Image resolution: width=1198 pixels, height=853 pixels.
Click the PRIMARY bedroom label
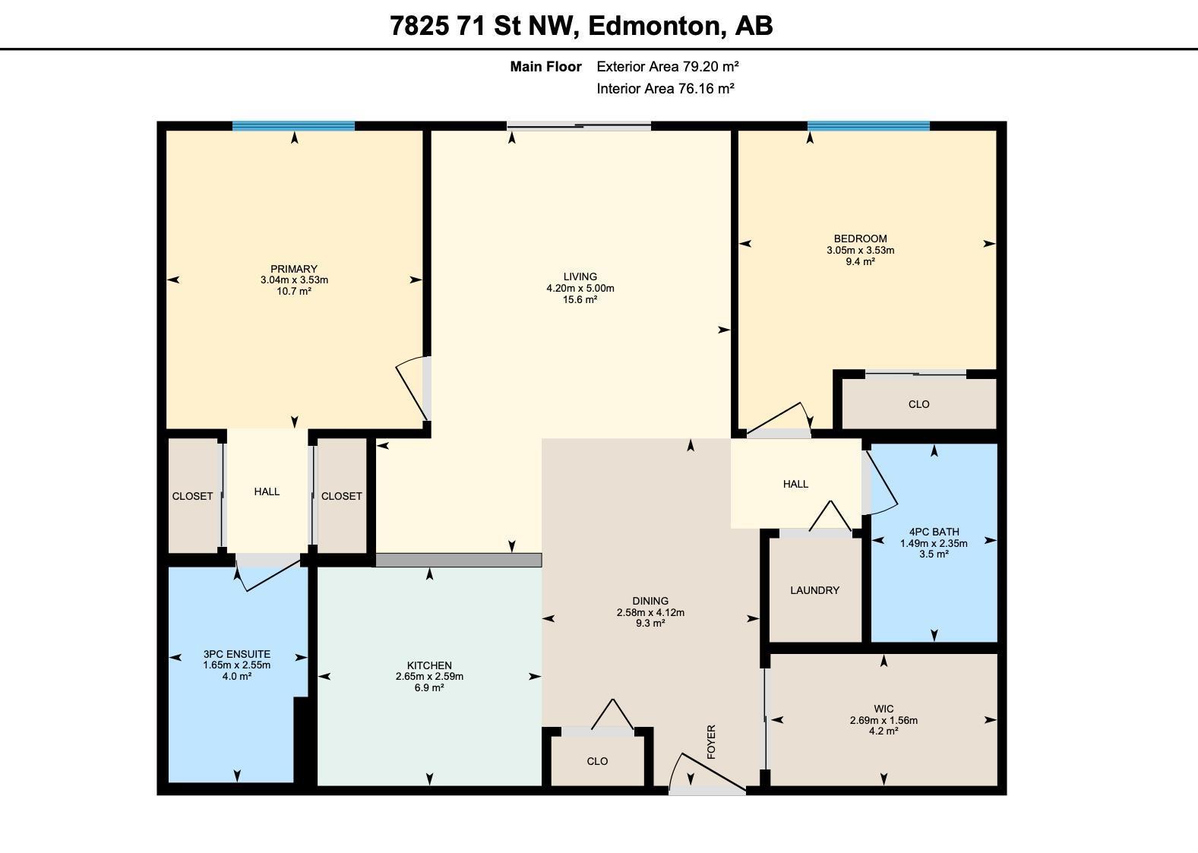click(294, 268)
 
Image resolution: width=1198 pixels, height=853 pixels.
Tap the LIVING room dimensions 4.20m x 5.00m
click(580, 288)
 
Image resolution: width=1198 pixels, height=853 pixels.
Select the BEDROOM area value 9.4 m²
click(860, 261)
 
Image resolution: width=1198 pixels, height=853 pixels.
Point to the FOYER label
click(711, 742)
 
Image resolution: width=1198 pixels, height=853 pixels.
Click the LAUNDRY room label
click(814, 590)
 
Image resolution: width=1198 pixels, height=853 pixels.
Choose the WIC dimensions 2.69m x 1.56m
click(883, 720)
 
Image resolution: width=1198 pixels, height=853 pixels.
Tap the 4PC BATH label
click(934, 532)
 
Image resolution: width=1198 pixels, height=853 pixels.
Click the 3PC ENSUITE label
click(237, 654)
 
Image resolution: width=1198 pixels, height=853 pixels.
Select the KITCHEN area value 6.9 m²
click(429, 687)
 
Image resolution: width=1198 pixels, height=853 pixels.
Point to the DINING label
click(650, 601)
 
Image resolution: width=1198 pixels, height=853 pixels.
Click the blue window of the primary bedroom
click(294, 126)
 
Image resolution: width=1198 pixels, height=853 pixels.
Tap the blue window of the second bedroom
click(868, 126)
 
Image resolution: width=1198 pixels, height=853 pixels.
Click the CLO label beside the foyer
click(597, 761)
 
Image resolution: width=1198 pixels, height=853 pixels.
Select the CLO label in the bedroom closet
click(919, 404)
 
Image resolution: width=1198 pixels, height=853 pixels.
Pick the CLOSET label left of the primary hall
click(192, 496)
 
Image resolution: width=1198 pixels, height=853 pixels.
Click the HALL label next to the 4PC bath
click(796, 484)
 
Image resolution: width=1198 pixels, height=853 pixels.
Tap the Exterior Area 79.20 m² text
click(668, 66)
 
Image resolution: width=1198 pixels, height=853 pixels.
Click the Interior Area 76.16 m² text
click(665, 88)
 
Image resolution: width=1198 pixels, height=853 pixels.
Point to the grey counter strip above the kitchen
click(458, 560)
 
